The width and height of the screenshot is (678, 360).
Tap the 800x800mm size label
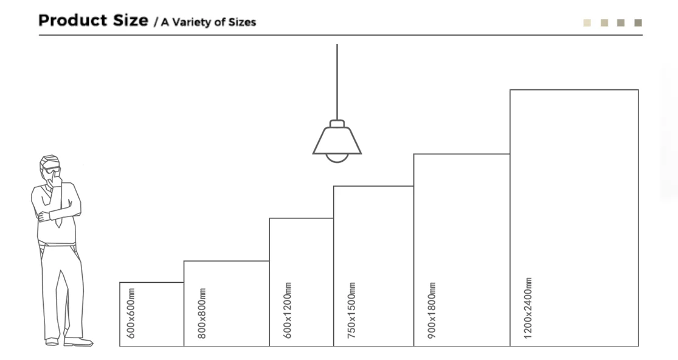coord(202,313)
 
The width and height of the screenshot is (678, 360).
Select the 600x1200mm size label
coord(288,310)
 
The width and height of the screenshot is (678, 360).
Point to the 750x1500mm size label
coord(351,310)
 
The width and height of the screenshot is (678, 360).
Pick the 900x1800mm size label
coord(432,310)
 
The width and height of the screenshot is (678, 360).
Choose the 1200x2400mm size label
coord(528,308)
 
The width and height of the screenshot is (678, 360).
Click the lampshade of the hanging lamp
coord(337,140)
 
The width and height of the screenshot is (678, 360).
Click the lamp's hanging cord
coord(337,79)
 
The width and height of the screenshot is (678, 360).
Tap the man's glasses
coord(52,169)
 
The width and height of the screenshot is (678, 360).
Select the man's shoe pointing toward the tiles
coord(78,342)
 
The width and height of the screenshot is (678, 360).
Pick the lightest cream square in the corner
coord(587,23)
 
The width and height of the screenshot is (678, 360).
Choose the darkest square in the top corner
coord(638,23)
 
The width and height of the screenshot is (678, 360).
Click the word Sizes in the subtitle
coord(242,22)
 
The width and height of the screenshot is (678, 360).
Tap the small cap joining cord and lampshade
coord(337,123)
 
